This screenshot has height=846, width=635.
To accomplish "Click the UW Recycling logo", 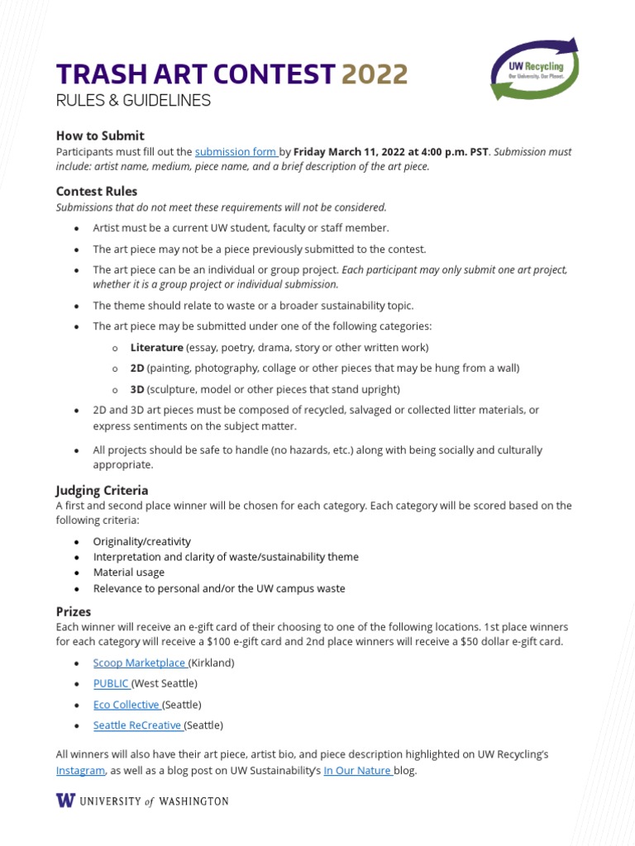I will (534, 72).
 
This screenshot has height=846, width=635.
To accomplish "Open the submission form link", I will (236, 152).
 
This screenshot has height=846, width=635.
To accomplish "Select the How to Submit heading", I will (100, 135).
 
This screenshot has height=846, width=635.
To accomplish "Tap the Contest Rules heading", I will (97, 191).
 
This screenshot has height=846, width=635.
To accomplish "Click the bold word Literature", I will (156, 347).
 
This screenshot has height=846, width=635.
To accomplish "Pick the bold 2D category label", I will (137, 368).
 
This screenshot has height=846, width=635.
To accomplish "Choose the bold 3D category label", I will (137, 389).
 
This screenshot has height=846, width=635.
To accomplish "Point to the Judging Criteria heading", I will (102, 490).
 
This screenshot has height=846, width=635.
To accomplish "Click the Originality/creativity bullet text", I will (141, 541).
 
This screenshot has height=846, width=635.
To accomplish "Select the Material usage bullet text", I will (128, 572).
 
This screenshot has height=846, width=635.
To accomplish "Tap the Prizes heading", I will (74, 611).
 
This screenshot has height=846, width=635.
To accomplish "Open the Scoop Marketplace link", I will (139, 663).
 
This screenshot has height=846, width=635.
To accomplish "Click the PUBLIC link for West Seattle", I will (111, 683).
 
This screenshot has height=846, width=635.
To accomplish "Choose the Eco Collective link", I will (126, 705).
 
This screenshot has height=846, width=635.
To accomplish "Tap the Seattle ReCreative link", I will (136, 725).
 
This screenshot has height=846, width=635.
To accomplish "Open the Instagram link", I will (80, 770).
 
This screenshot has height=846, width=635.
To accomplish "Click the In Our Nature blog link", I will (356, 770).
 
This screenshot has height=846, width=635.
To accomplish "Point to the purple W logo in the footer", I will (64, 801).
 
